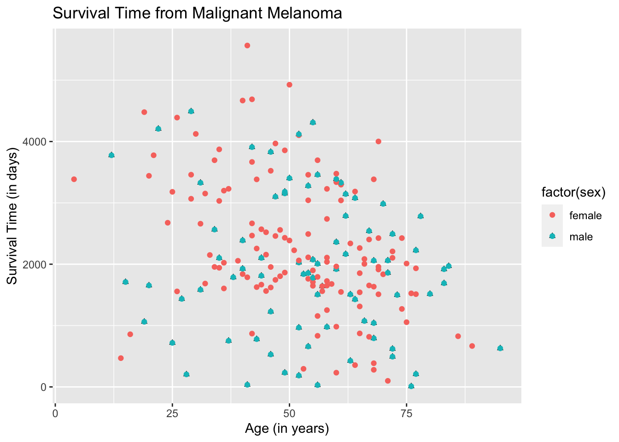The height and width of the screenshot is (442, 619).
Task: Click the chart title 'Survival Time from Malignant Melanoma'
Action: click(x=197, y=13)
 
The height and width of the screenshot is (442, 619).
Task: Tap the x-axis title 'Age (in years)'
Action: click(x=287, y=429)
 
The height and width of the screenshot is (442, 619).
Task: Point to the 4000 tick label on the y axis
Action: click(x=35, y=141)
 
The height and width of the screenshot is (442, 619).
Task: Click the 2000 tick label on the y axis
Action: click(x=35, y=264)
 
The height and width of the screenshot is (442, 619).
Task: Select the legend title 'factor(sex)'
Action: click(x=573, y=192)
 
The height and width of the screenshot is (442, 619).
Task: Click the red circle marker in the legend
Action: click(x=552, y=215)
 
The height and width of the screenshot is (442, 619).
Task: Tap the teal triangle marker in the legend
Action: click(x=552, y=236)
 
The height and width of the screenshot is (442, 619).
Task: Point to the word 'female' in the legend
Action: click(x=585, y=215)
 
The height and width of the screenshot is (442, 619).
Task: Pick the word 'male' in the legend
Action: click(x=581, y=237)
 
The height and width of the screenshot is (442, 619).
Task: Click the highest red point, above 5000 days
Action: click(x=247, y=46)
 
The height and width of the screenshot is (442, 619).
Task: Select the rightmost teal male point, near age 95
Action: click(x=500, y=348)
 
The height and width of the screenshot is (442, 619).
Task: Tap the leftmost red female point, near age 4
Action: click(x=74, y=179)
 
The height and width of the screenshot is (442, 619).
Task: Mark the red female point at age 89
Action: click(x=472, y=346)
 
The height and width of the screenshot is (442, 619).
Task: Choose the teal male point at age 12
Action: click(x=111, y=155)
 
